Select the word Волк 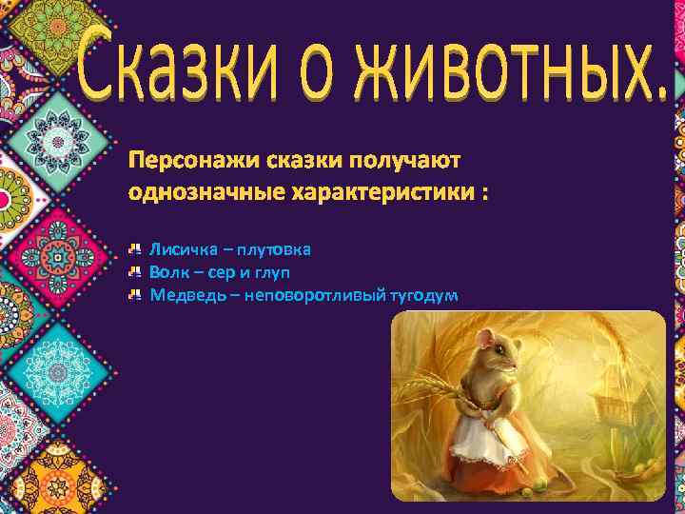coord(167,272)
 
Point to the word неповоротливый coord(315,295)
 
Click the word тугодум coord(423,295)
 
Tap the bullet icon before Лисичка coord(136,249)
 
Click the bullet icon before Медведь coord(136,295)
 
